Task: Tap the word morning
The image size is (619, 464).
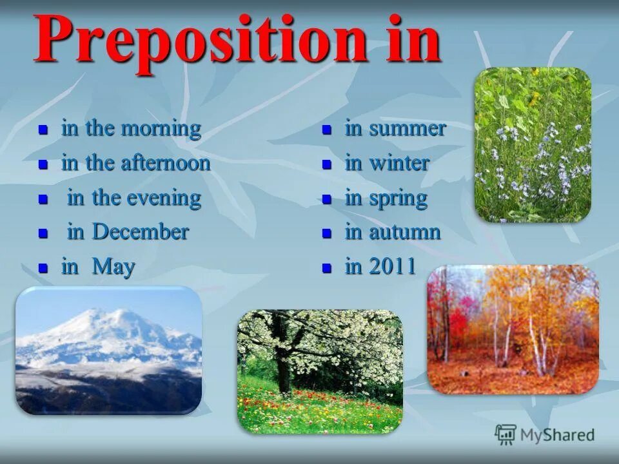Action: click(x=161, y=129)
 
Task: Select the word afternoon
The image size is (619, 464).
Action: click(x=166, y=163)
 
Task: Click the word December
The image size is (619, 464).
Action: click(x=140, y=231)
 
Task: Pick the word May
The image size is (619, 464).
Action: click(x=113, y=267)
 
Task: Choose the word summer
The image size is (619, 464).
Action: click(x=408, y=130)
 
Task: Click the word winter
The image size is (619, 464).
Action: click(x=399, y=163)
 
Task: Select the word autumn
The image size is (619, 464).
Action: click(x=405, y=233)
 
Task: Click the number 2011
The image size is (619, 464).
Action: click(x=392, y=266)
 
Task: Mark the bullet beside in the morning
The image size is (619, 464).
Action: click(x=43, y=130)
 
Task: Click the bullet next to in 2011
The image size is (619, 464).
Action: click(x=326, y=268)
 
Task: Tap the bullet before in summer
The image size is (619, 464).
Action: click(x=326, y=130)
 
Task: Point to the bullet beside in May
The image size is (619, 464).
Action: click(x=43, y=268)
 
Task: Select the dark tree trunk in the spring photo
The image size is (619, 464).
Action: click(x=282, y=355)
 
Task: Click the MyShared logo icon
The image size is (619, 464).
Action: click(x=506, y=435)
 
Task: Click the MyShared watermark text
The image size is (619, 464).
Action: click(x=557, y=435)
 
